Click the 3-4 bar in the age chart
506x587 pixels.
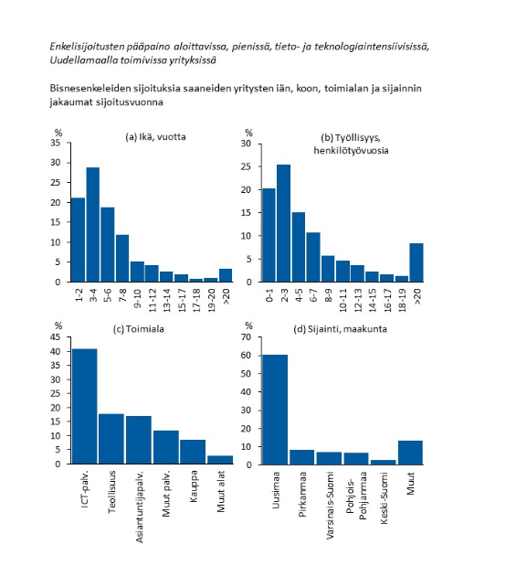(93, 224)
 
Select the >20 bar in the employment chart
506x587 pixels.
(416, 262)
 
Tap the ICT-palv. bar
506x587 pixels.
(85, 406)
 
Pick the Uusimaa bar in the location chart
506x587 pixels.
(275, 410)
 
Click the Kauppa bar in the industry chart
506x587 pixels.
(193, 452)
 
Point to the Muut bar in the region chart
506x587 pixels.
(410, 453)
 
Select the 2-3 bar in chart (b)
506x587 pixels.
(283, 223)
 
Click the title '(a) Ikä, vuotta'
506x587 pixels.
(155, 137)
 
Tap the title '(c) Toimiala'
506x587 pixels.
(139, 329)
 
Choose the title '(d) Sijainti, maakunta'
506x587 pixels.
(340, 329)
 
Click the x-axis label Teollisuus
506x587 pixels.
(111, 492)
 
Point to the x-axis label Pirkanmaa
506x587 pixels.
(302, 494)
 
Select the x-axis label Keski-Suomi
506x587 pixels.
(384, 498)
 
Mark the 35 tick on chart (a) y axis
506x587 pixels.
(56, 143)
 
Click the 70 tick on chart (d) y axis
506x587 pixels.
(247, 336)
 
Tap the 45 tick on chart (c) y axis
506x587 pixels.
(56, 336)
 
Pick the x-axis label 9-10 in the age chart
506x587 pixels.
(137, 298)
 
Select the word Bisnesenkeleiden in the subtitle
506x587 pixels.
(82, 89)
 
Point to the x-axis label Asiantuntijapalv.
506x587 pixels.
(139, 507)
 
